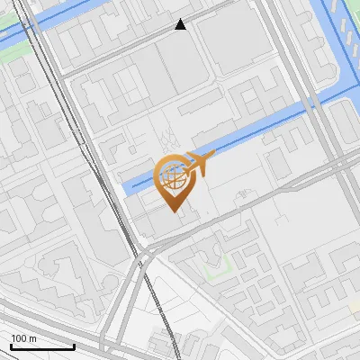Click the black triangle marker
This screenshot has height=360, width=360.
[181, 24]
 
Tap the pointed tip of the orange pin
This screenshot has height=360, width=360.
[174, 213]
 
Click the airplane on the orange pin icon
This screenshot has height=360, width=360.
[197, 164]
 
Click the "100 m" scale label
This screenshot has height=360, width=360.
[24, 338]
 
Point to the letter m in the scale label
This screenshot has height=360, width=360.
[33, 338]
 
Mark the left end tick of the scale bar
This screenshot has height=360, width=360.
[11, 346]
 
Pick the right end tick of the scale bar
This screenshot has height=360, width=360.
[74, 346]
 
